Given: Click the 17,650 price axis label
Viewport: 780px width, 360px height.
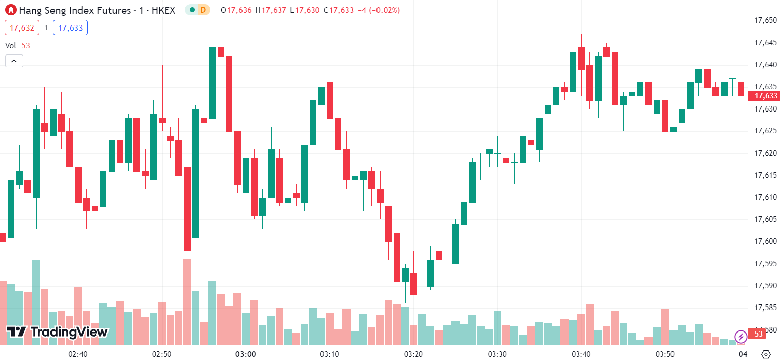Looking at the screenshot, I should tap(765, 20).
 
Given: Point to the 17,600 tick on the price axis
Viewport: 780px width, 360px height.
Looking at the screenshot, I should tap(765, 241).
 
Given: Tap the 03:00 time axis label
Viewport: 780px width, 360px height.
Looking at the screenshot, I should tap(245, 354).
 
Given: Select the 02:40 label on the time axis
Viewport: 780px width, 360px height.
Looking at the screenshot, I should tap(77, 354).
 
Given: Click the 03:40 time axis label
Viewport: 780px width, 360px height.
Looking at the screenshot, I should tap(581, 354).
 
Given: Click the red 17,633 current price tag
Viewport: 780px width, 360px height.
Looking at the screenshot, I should tap(766, 96).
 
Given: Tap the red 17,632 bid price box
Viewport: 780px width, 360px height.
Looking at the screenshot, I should tap(22, 27).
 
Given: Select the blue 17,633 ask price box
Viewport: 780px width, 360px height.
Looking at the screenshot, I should tap(70, 27).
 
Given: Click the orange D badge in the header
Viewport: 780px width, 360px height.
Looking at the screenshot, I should tap(203, 10).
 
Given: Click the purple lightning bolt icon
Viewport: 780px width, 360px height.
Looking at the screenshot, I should tap(741, 336).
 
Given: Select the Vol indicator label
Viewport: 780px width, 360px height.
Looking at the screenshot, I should tap(11, 45).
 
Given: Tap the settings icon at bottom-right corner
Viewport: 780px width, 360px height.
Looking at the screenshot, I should tap(765, 354).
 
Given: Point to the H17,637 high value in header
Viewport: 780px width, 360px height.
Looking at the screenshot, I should tap(271, 10).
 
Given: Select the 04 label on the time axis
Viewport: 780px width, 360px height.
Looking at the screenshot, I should tap(743, 354).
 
